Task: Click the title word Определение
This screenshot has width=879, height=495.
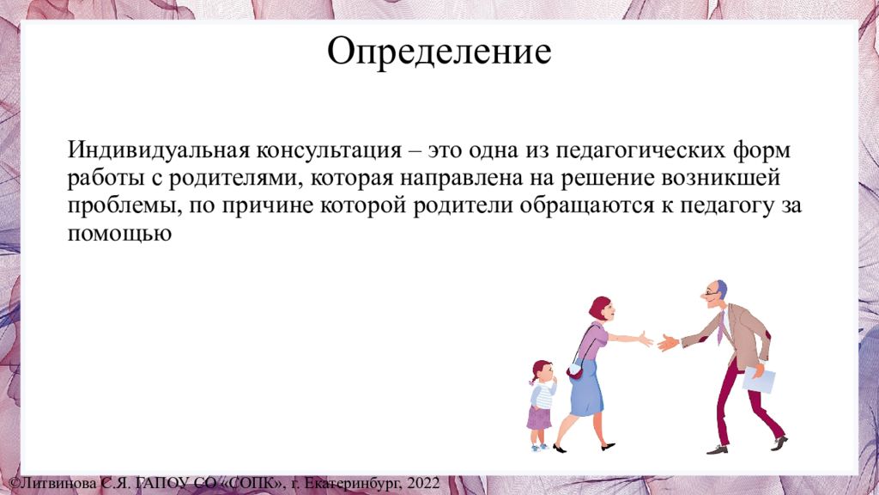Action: pyautogui.click(x=439, y=52)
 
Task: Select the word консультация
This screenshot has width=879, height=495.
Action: pyautogui.click(x=330, y=151)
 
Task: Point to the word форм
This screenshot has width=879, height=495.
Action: pyautogui.click(x=761, y=151)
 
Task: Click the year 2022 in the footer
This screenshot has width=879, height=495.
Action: pyautogui.click(x=424, y=483)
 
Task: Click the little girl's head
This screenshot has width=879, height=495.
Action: pyautogui.click(x=541, y=371)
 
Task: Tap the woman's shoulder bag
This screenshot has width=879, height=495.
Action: pyautogui.click(x=575, y=370)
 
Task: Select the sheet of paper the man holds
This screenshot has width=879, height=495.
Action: pyautogui.click(x=759, y=380)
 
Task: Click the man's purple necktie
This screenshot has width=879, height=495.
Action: pyautogui.click(x=721, y=327)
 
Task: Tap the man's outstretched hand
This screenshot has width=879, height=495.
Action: pyautogui.click(x=667, y=342)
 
